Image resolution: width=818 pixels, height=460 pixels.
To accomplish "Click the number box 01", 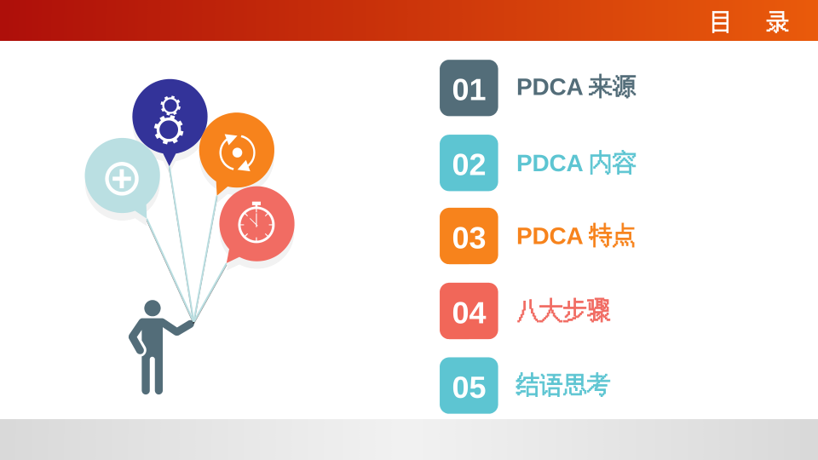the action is click(x=469, y=88).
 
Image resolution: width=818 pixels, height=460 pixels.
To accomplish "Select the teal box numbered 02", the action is click(x=469, y=163).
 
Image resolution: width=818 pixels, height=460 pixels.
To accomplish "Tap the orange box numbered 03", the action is click(x=469, y=236).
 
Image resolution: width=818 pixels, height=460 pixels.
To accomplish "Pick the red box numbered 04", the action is click(x=469, y=311).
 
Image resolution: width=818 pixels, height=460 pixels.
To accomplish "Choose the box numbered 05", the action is click(x=469, y=385).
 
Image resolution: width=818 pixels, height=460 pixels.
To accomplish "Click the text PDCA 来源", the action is click(x=576, y=87).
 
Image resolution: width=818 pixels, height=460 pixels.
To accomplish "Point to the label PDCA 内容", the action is click(x=576, y=164).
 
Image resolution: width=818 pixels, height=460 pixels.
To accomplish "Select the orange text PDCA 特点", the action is click(x=576, y=236).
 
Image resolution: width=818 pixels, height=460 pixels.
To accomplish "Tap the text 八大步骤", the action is click(x=563, y=311).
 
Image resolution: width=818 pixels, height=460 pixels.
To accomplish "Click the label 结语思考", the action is click(x=563, y=385).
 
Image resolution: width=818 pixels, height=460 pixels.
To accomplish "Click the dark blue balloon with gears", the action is click(x=170, y=118).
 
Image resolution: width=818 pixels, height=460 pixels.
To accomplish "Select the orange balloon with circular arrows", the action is click(x=236, y=151).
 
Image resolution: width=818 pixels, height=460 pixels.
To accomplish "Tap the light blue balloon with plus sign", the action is click(x=123, y=175).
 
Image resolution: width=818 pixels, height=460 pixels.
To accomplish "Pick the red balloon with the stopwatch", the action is click(x=256, y=224).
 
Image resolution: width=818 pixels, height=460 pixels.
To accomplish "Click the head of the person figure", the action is click(x=153, y=308).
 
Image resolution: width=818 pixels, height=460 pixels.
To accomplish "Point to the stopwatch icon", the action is click(x=256, y=222).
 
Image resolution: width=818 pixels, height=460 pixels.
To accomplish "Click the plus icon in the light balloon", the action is click(x=122, y=179).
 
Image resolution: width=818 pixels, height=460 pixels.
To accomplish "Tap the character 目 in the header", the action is click(x=721, y=22).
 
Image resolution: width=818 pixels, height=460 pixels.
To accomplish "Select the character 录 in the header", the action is click(x=777, y=22).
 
